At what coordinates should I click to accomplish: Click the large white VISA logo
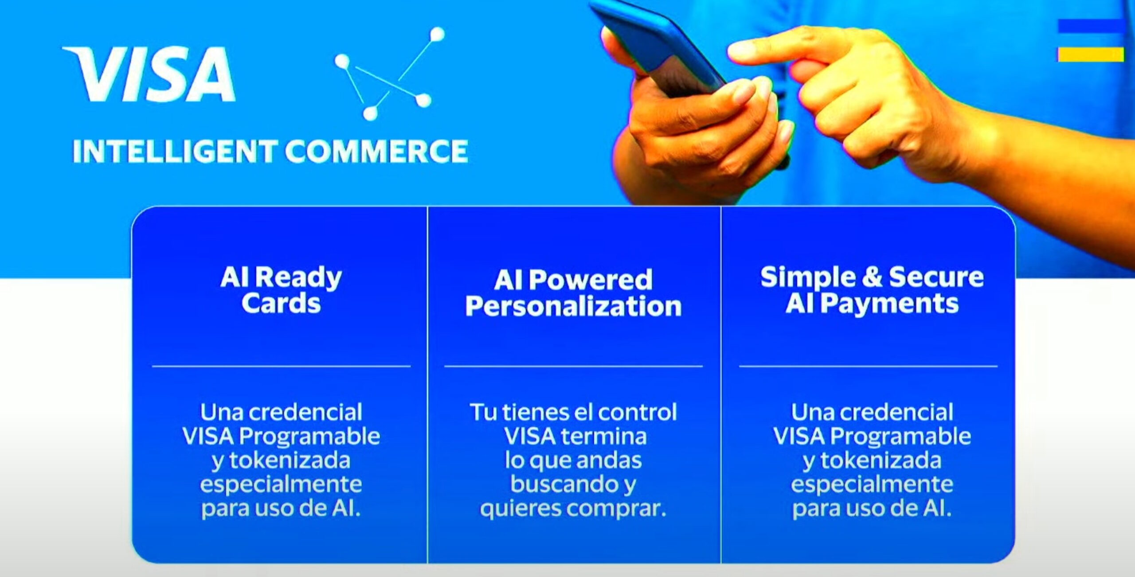tap(149, 74)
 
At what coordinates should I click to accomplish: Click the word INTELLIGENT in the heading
tap(175, 151)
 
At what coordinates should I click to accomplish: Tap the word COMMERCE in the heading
tap(376, 151)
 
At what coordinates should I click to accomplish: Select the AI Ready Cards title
tap(281, 290)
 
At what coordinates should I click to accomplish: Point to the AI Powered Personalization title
tap(573, 292)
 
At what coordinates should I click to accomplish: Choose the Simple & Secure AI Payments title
tap(872, 290)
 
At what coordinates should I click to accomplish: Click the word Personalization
tap(573, 306)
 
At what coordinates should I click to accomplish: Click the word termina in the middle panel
tap(604, 437)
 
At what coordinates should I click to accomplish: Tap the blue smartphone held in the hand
tap(661, 47)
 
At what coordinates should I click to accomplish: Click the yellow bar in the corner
tap(1091, 55)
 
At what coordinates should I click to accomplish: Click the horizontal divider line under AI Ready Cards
tap(281, 366)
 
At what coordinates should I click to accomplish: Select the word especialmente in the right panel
tap(872, 485)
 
